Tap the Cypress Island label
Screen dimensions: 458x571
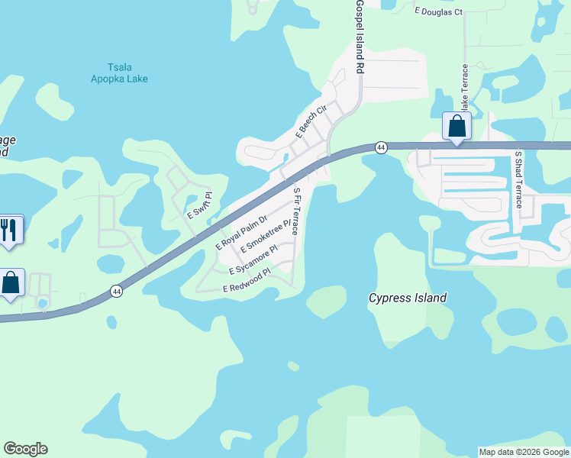click(x=407, y=298)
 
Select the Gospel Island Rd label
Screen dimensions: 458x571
click(x=359, y=36)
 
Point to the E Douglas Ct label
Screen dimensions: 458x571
click(x=438, y=12)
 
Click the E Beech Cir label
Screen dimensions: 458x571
click(x=311, y=121)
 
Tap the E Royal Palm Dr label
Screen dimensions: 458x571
click(x=241, y=233)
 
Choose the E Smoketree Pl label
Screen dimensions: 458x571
click(x=266, y=237)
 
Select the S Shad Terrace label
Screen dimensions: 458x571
click(x=518, y=179)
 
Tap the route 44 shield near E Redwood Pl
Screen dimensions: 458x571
click(x=116, y=291)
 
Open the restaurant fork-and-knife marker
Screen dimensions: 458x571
click(x=9, y=229)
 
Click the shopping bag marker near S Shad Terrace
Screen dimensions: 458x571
click(x=456, y=126)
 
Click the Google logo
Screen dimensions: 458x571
click(x=26, y=449)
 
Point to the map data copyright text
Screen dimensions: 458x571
click(x=524, y=452)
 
